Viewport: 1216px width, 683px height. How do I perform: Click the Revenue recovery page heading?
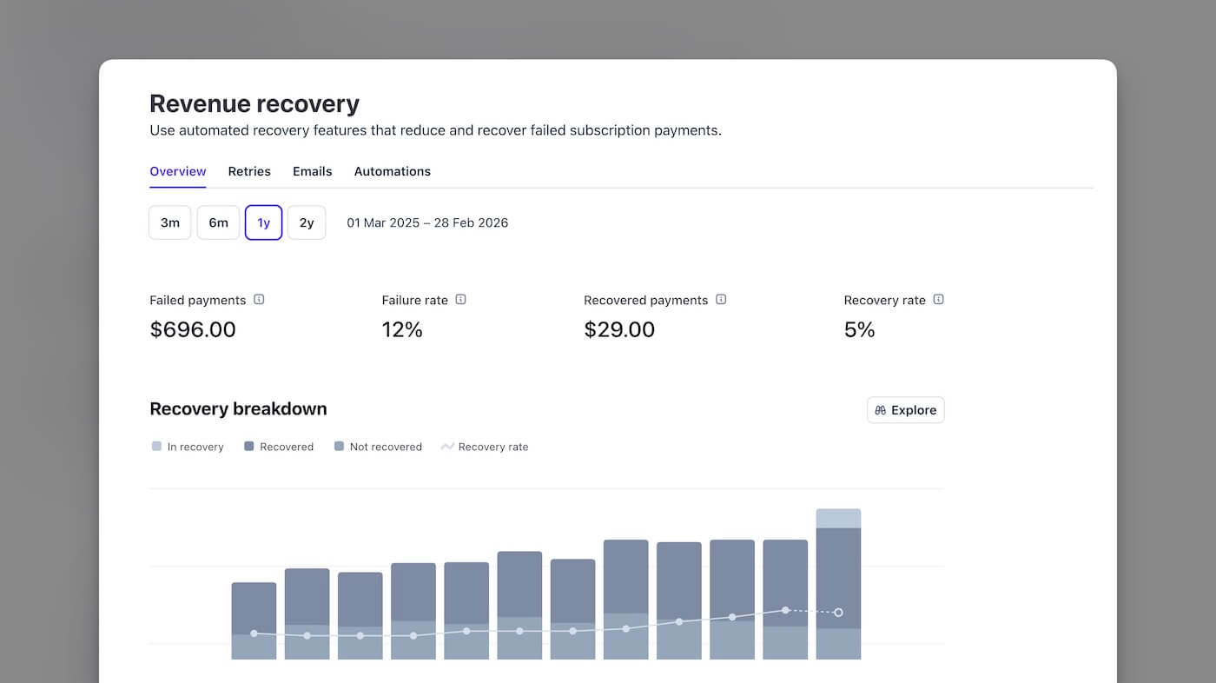[254, 104]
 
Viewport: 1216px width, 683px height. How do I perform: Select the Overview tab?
[178, 171]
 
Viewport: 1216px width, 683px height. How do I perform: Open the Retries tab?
[249, 171]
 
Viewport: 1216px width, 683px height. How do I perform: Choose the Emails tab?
[312, 171]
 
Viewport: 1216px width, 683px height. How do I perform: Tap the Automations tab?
[392, 171]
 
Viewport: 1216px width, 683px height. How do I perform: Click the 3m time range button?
[170, 222]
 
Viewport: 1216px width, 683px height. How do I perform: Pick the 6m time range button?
[218, 222]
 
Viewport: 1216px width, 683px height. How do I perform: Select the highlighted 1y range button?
[263, 222]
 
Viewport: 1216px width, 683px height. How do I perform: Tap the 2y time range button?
[307, 222]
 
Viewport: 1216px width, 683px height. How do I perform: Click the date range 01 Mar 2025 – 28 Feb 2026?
[427, 222]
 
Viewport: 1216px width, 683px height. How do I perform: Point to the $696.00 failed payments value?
[193, 329]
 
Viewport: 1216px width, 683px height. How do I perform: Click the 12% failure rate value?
[402, 329]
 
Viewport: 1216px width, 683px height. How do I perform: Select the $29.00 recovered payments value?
[619, 329]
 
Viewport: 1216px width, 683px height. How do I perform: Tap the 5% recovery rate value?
[859, 329]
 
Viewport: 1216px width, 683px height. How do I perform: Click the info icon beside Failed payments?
[259, 300]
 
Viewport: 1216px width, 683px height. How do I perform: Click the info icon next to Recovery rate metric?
[938, 300]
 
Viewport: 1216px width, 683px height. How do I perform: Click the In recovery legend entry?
[188, 447]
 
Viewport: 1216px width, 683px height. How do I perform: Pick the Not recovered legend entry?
[378, 447]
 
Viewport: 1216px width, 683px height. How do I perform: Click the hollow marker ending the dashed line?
[838, 613]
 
